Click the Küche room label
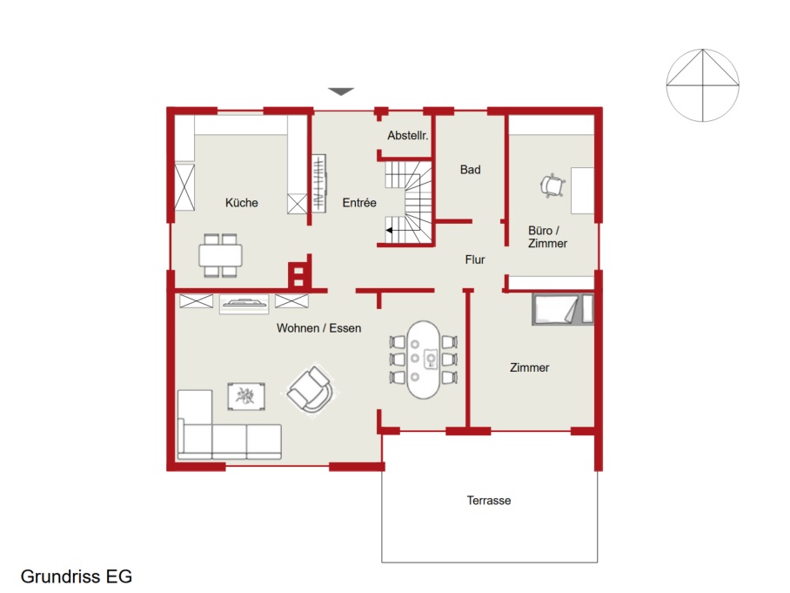point(241,203)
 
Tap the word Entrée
point(359,203)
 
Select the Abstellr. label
point(407,135)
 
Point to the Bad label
point(470,170)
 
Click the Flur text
point(474,259)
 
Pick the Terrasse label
point(489,500)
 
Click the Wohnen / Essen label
point(319,328)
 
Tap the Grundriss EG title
point(76,576)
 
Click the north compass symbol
point(702,85)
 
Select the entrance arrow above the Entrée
point(341,91)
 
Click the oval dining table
point(423,360)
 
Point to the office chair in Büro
point(552,185)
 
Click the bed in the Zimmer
point(563,308)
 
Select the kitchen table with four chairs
point(221,255)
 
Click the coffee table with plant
point(246,396)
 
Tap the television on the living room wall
point(244,303)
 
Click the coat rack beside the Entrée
point(319,183)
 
